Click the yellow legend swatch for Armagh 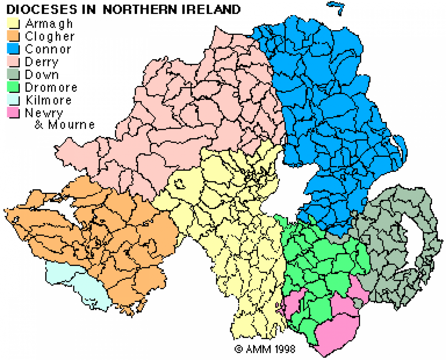(13, 24)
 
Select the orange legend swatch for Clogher (13, 36)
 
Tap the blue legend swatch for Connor (13, 49)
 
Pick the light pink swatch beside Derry (13, 62)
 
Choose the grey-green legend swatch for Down (13, 74)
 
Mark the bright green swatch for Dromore (13, 87)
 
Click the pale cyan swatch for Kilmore (13, 100)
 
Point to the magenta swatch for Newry (13, 113)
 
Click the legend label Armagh (49, 24)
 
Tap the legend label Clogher (50, 36)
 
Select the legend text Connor (48, 49)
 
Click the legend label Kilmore (49, 100)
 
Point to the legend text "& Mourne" (65, 125)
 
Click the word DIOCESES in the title (42, 9)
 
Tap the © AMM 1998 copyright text (265, 348)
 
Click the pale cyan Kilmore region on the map (76, 284)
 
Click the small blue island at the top (337, 7)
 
